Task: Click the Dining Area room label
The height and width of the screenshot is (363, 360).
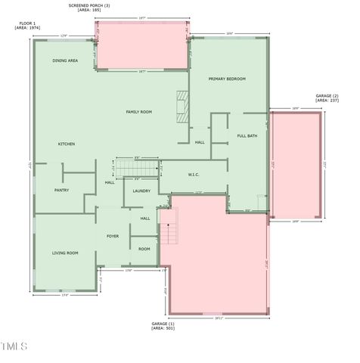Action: [x=65, y=60]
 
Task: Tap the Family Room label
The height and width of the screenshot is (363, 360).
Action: [x=138, y=112]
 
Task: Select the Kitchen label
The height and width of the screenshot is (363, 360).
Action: [x=67, y=144]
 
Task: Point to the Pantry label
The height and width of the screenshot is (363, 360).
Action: [x=61, y=190]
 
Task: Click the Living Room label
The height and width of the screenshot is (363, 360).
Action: [x=65, y=253]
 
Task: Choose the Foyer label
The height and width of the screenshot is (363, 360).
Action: [x=113, y=236]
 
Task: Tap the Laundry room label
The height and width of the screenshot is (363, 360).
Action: [x=141, y=191]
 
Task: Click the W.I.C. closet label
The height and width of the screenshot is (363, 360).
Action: [x=194, y=175]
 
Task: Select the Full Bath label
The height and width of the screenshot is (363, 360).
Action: [x=247, y=136]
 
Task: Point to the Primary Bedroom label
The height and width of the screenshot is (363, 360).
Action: [x=227, y=79]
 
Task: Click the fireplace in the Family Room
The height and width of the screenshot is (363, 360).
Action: [x=181, y=106]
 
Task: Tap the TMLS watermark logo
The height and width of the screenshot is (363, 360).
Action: [x=14, y=347]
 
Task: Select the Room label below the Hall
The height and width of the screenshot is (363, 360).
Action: [x=144, y=249]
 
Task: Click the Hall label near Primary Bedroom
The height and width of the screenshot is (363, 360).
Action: [x=200, y=142]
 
